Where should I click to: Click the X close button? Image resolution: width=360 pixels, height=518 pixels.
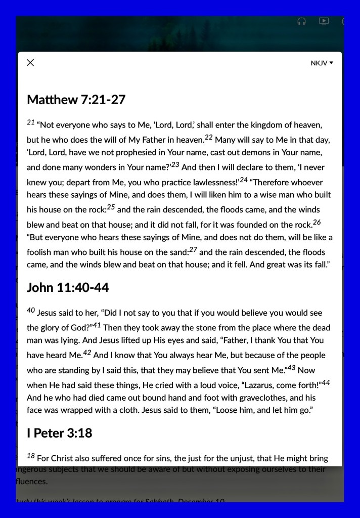[x=30, y=63]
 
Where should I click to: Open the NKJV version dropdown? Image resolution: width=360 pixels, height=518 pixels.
[x=322, y=63]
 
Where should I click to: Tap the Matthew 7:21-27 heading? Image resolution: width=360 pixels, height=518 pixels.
[x=76, y=100]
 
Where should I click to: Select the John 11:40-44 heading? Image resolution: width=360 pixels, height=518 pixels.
[x=68, y=288]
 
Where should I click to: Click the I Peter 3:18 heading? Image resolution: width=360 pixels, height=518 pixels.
[x=59, y=433]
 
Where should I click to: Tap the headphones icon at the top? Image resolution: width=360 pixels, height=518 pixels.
[x=302, y=22]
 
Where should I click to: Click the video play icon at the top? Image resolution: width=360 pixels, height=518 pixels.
[x=324, y=21]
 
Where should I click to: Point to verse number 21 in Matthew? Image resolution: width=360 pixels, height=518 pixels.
[x=30, y=122]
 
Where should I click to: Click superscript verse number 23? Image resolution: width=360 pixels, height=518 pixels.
[x=175, y=164]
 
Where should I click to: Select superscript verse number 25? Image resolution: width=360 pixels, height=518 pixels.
[x=111, y=207]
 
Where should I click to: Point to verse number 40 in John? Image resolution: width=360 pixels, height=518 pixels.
[x=31, y=310]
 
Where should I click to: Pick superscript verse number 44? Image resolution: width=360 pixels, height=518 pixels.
[x=326, y=382]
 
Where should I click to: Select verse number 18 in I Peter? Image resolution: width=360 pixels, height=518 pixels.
[x=31, y=456]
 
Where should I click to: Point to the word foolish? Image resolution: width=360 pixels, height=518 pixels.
[x=40, y=252]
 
